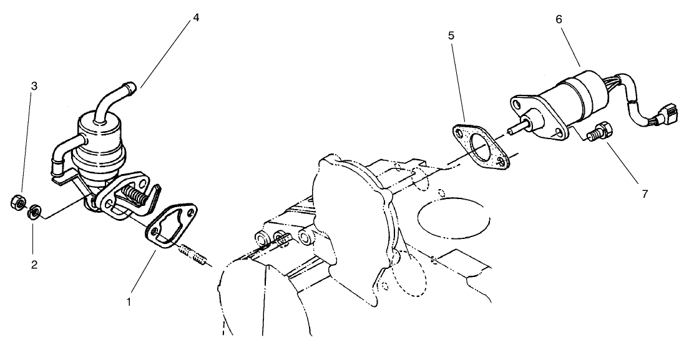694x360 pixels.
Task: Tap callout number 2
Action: coord(34,264)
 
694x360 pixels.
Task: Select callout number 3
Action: coord(34,86)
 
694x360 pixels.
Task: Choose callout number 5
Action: coord(451,36)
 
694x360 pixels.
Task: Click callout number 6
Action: coord(559,19)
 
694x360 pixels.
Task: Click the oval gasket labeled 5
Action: coord(479,145)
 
